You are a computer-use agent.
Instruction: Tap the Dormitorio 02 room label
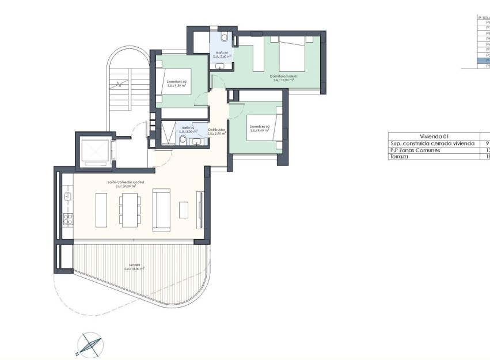(x=177, y=84)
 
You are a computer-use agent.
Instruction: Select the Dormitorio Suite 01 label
(x=283, y=78)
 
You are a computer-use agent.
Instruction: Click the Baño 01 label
(x=222, y=54)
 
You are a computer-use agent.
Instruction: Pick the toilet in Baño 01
(x=224, y=38)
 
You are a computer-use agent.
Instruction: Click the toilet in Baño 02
(x=183, y=140)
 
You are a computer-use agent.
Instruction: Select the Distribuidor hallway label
(x=216, y=131)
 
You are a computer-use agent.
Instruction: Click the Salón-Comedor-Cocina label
(x=126, y=184)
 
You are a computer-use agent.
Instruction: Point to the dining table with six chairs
(x=129, y=209)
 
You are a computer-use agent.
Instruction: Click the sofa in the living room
(x=161, y=210)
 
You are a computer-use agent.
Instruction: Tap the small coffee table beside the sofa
(x=184, y=210)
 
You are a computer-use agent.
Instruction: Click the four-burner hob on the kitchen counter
(x=68, y=218)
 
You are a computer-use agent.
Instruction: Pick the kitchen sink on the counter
(x=67, y=197)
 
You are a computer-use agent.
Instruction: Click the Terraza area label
(x=135, y=267)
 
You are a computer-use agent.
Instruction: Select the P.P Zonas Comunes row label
(x=415, y=150)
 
